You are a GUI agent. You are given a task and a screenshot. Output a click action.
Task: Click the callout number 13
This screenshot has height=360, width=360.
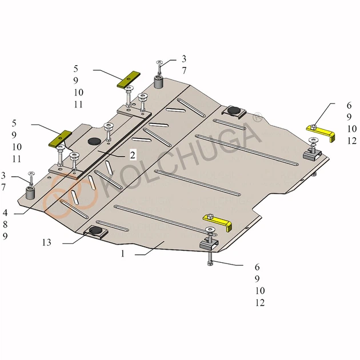tap(47, 242)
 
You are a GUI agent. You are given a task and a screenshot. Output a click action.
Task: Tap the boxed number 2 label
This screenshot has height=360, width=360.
tap(133, 155)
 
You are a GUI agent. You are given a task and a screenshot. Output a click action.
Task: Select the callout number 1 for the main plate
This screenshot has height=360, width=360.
tap(123, 254)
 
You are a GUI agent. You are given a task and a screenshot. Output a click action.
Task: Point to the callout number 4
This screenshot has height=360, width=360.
tap(5, 213)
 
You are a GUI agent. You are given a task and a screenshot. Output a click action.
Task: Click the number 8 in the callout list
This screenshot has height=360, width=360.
tap(5, 225)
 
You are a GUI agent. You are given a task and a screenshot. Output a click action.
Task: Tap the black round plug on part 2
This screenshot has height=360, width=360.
tap(94, 141)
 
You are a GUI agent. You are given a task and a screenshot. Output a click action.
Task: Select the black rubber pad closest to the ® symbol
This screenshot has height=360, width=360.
tap(233, 110)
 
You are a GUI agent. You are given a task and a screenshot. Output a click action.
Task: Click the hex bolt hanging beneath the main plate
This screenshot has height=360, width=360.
tap(209, 258)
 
